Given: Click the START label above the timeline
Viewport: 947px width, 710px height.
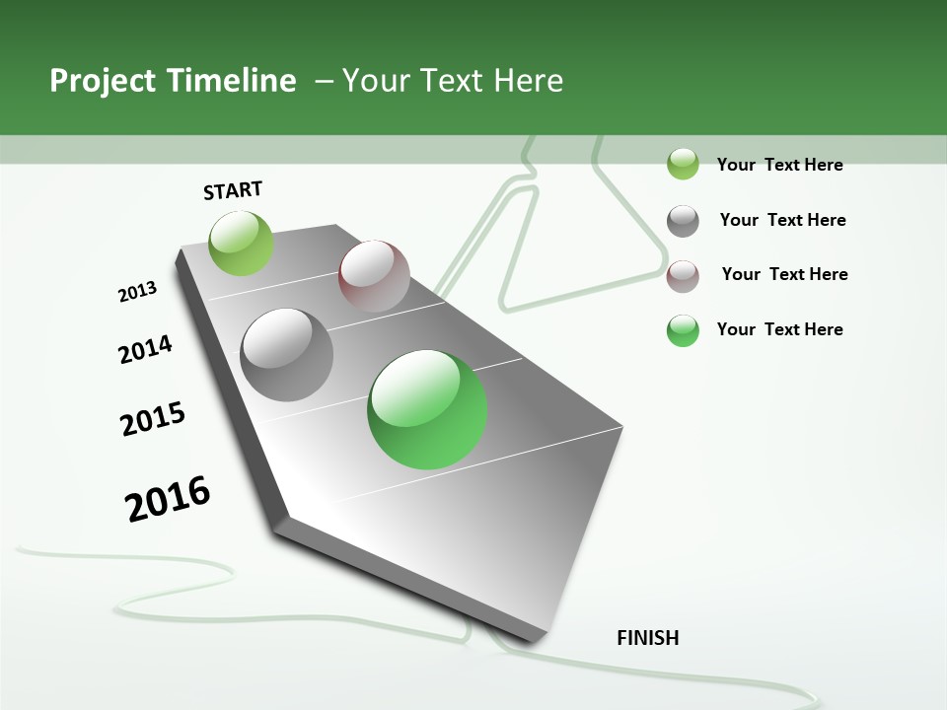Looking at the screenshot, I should coord(233,190).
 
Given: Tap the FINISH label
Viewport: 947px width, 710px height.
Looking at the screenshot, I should coord(647,638).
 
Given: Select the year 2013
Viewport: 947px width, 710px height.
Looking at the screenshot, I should coord(137,292).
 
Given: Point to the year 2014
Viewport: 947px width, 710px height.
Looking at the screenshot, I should coord(145,349).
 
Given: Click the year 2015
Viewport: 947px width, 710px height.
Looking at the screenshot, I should coord(153,419).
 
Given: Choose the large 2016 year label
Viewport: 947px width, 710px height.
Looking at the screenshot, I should coord(168,499).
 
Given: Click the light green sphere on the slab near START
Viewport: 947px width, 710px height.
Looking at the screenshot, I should coord(241,243).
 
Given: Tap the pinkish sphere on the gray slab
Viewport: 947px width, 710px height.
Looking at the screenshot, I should coord(374,276).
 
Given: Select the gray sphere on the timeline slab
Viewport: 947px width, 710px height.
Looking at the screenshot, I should coord(286,355).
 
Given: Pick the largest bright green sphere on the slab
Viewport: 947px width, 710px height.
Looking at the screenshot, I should coord(427,409).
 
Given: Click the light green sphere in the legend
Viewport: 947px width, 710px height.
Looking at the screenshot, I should coord(683,164).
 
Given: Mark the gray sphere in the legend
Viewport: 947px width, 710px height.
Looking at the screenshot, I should coord(683,221).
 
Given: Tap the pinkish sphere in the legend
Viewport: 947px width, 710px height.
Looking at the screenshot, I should coord(683,276).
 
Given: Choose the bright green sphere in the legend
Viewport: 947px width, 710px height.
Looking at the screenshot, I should coord(683,330).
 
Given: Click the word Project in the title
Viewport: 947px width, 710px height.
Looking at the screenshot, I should coord(103,81).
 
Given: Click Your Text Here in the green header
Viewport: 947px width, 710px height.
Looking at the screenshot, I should coord(453,81).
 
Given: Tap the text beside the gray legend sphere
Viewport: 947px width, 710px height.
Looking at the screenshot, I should coord(782,220).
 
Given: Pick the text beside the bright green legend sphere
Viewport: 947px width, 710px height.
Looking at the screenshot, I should coord(779,329).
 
